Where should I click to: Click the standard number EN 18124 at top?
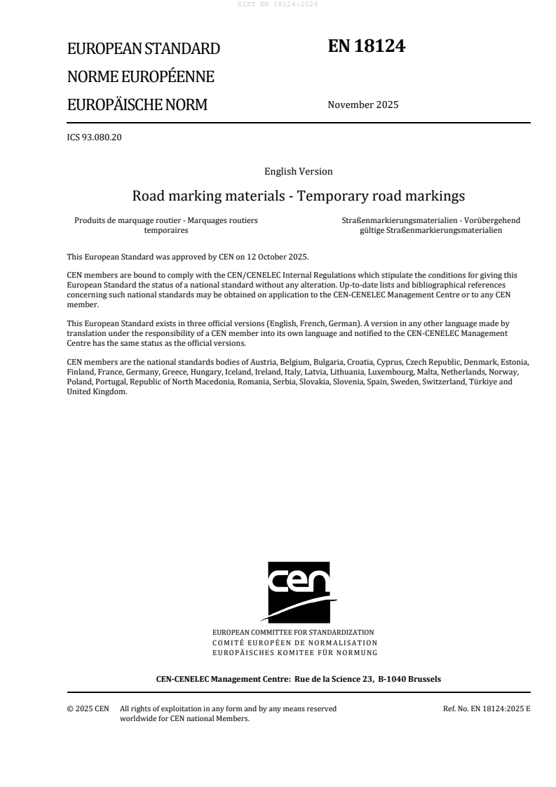pyautogui.click(x=367, y=46)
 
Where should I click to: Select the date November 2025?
pyautogui.click(x=362, y=105)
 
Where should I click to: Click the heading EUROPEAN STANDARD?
pyautogui.click(x=143, y=49)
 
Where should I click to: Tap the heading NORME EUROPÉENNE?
pyautogui.click(x=140, y=77)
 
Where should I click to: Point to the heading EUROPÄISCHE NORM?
pyautogui.click(x=137, y=105)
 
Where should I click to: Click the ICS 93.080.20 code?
pyautogui.click(x=94, y=137)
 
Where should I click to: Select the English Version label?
pyautogui.click(x=298, y=171)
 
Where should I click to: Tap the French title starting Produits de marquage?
pyautogui.click(x=165, y=224)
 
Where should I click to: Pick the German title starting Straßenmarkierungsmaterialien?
pyautogui.click(x=430, y=224)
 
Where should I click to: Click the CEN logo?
pyautogui.click(x=299, y=591)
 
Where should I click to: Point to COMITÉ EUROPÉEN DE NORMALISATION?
pyautogui.click(x=294, y=643)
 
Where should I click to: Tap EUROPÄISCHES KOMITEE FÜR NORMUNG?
pyautogui.click(x=294, y=652)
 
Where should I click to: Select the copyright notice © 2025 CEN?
pyautogui.click(x=88, y=708)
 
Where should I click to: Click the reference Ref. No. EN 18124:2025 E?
pyautogui.click(x=487, y=708)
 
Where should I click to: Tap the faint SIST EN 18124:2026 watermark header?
pyautogui.click(x=278, y=4)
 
